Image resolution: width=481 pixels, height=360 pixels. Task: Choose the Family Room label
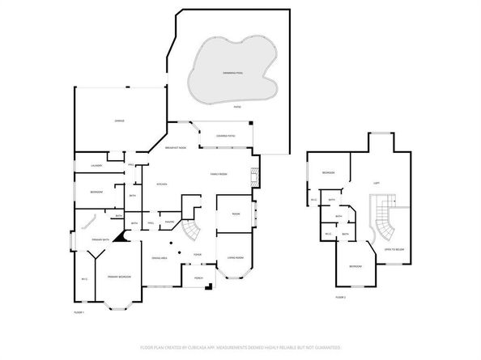coord(219,174)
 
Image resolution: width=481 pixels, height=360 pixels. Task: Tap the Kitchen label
coord(160,185)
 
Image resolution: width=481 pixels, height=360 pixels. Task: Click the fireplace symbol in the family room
coord(255,176)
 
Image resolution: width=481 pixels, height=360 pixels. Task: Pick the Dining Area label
coord(159,257)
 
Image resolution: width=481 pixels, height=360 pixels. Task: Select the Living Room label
coord(235,257)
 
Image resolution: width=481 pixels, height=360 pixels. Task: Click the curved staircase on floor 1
coord(190,231)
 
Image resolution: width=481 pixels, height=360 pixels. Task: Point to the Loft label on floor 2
coord(377,183)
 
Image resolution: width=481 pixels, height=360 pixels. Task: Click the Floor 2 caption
coord(340,298)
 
